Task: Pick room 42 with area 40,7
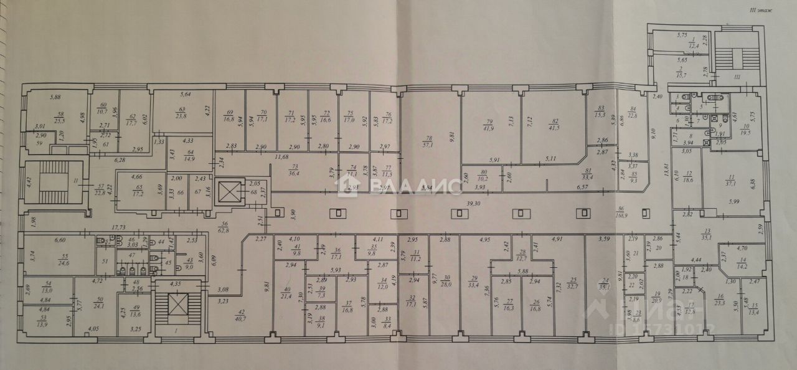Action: (x=240, y=314)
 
